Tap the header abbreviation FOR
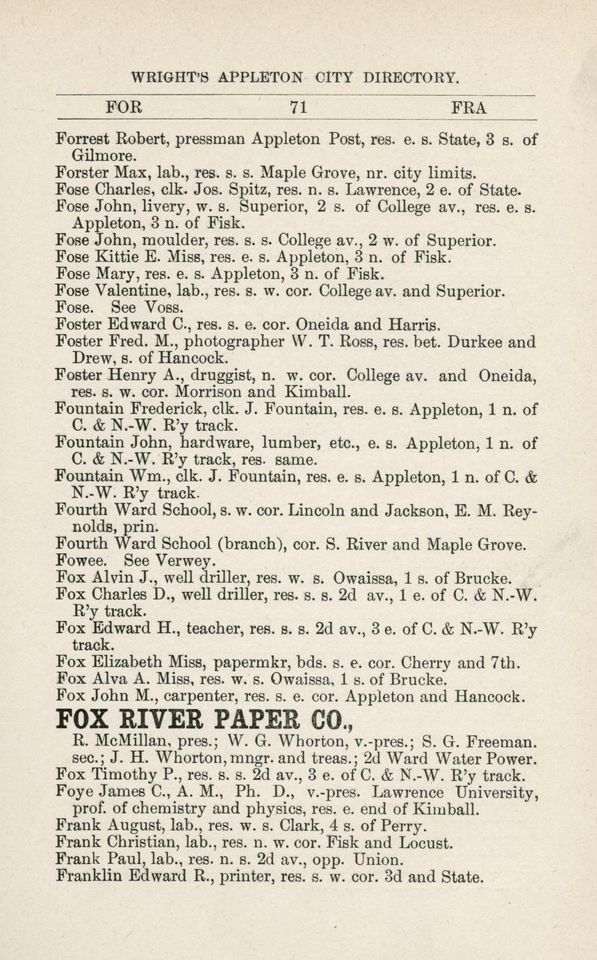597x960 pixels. (x=124, y=108)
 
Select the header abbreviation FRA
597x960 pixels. (x=469, y=108)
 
